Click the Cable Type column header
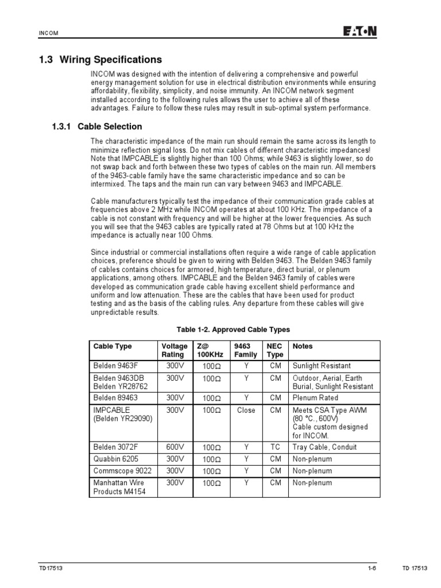tap(113, 346)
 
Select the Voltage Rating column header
tap(174, 350)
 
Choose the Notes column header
tap(303, 346)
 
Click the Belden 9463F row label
tap(117, 366)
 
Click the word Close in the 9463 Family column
tap(246, 411)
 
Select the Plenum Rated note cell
tap(315, 397)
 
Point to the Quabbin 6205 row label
tap(116, 459)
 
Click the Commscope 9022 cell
tap(120, 471)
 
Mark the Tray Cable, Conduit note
tap(324, 447)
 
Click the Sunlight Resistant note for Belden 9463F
tap(322, 366)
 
